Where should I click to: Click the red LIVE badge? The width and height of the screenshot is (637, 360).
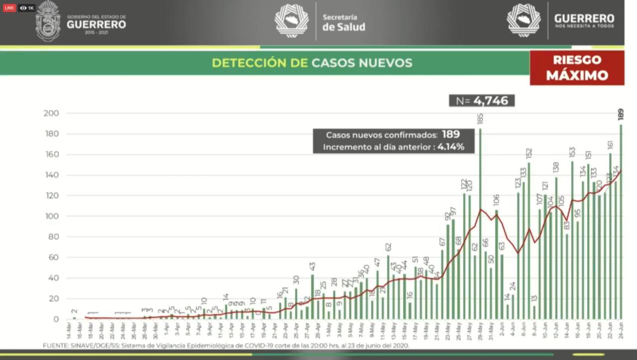point(9,8)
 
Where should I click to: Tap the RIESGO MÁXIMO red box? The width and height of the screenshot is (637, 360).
point(577,68)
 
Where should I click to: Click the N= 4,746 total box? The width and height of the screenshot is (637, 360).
point(481,101)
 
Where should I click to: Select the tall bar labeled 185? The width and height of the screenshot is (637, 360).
point(480,224)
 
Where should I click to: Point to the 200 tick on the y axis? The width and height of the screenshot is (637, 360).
point(52,114)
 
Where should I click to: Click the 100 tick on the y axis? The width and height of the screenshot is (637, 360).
point(52,217)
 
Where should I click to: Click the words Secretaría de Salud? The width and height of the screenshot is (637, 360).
point(343,22)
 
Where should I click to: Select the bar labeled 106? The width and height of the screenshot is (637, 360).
point(496,264)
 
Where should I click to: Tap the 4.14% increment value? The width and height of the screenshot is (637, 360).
point(451,147)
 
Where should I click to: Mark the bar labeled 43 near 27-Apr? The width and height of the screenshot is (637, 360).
point(313,297)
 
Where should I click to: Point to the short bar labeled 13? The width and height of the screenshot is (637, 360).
point(534,312)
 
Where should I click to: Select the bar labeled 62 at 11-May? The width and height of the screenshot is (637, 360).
point(388,287)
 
